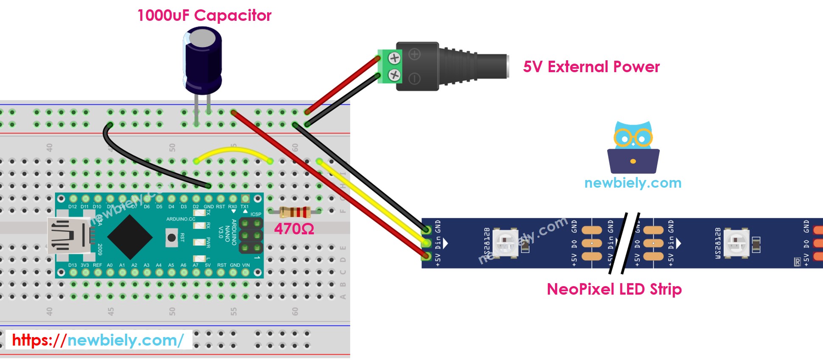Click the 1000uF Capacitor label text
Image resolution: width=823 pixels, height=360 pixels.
point(204,16)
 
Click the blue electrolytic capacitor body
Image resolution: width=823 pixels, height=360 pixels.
point(203,62)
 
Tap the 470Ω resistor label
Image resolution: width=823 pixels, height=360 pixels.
point(294,229)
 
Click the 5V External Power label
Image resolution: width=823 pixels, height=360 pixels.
point(591,67)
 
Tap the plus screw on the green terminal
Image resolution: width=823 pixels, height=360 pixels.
point(394,58)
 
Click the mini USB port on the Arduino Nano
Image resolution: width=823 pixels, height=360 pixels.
point(68,236)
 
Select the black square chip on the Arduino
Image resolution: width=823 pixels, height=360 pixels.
point(129,237)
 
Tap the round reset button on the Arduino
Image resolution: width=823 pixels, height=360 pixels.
point(172,237)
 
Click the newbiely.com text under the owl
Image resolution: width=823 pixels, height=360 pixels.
point(633,183)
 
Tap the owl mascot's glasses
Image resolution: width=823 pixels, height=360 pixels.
point(633,138)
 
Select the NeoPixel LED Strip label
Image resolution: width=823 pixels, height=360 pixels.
point(614,290)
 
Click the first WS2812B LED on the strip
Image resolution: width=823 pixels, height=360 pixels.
point(505,243)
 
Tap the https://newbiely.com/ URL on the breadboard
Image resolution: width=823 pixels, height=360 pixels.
point(98,340)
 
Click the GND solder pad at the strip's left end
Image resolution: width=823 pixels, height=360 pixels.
point(426,230)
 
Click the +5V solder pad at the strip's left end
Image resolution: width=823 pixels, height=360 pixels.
point(426,256)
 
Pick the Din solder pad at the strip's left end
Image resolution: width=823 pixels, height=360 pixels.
point(426,243)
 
